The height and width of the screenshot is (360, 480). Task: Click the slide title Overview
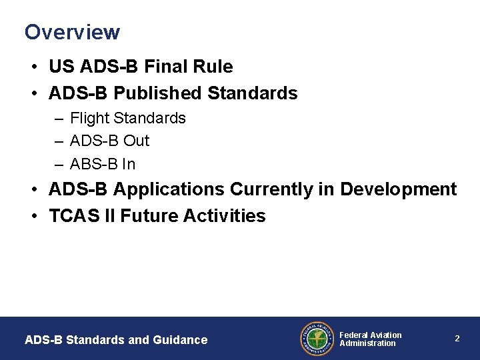72,32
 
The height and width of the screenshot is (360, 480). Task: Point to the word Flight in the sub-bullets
90,119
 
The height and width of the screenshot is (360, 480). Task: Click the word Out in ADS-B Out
136,141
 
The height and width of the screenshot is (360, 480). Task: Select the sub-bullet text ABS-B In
103,163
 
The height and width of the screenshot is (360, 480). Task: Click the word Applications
169,190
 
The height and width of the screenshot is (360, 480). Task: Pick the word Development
399,190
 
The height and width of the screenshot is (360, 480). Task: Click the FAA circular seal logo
317,339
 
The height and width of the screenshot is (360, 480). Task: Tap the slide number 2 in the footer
457,339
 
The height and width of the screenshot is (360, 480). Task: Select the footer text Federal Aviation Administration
370,339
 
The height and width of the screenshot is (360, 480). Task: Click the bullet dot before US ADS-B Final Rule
33,67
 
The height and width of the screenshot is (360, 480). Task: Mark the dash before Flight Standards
60,119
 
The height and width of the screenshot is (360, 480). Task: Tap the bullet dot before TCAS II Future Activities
33,217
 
